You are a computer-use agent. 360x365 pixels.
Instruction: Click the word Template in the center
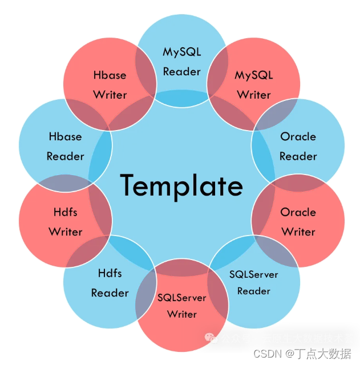click(181, 185)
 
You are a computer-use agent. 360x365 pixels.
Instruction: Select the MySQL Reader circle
click(182, 61)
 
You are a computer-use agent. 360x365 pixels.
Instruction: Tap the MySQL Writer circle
click(254, 84)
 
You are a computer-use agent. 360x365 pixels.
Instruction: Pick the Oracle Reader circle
click(298, 146)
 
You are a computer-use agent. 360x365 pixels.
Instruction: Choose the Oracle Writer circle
click(298, 222)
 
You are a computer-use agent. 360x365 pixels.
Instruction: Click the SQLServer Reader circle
click(254, 282)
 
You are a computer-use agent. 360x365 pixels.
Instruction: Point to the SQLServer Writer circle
click(182, 306)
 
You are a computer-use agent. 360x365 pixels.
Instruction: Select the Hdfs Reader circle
click(110, 283)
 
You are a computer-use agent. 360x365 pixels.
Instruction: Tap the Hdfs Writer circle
click(65, 222)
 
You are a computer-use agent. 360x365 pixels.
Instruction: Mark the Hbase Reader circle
click(65, 146)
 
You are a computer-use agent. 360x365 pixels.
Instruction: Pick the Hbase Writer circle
click(110, 84)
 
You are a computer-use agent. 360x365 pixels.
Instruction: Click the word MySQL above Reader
click(182, 52)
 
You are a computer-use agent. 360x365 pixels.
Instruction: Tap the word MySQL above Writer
click(254, 75)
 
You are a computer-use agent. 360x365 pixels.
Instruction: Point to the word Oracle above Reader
click(298, 137)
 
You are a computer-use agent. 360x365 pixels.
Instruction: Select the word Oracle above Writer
click(298, 212)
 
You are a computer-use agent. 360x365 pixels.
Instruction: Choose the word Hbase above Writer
click(110, 75)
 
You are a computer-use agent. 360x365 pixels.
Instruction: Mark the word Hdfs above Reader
click(110, 273)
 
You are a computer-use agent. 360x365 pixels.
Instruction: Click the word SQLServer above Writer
click(182, 298)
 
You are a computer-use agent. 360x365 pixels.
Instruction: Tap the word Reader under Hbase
click(65, 156)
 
